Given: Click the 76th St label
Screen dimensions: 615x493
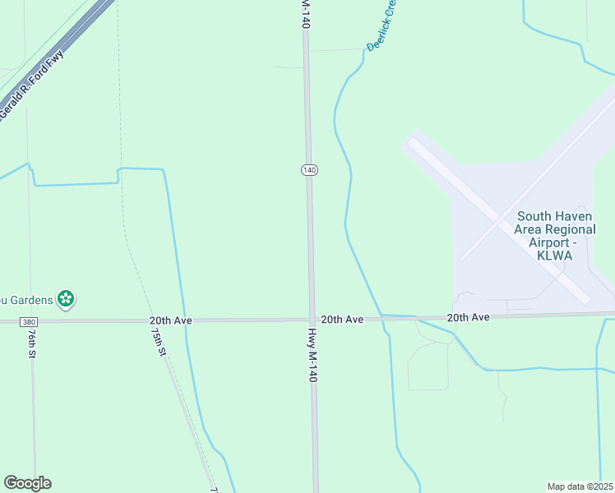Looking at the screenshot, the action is [30, 345].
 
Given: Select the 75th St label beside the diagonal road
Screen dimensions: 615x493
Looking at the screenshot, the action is [159, 339].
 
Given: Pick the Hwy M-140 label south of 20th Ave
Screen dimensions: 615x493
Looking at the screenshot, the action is [312, 355].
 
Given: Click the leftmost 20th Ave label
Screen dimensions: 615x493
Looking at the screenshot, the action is [170, 320].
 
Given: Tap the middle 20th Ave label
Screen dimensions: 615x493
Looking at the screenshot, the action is [342, 319].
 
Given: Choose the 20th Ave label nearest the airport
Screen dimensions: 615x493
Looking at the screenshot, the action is [469, 317].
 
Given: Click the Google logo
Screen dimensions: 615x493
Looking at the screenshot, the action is [27, 483].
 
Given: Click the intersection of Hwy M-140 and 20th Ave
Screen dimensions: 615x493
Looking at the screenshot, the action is [312, 320].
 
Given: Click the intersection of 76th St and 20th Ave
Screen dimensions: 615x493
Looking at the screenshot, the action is [31, 321].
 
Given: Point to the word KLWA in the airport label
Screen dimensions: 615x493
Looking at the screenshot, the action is [549, 256].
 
